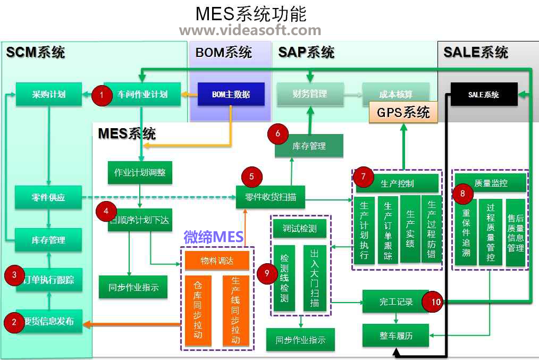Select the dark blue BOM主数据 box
pyautogui.click(x=231, y=94)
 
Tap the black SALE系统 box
pyautogui.click(x=483, y=94)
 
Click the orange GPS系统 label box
pyautogui.click(x=403, y=112)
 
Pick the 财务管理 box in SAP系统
pyautogui.click(x=309, y=94)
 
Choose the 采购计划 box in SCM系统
pyautogui.click(x=48, y=94)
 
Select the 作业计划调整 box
pyautogui.click(x=140, y=173)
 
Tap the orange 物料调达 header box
pyautogui.click(x=217, y=260)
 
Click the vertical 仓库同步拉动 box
pyautogui.click(x=198, y=310)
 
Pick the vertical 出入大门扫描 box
pyautogui.click(x=315, y=278)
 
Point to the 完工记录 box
pyautogui.click(x=395, y=302)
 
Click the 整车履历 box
pyautogui.click(x=395, y=336)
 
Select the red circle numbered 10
pyautogui.click(x=435, y=302)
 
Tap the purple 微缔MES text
pyautogui.click(x=213, y=237)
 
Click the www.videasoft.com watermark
pyautogui.click(x=250, y=30)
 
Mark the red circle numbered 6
pyautogui.click(x=278, y=133)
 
